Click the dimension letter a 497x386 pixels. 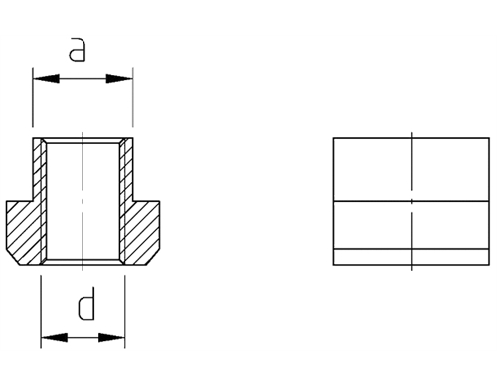77,50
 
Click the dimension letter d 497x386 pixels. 86,303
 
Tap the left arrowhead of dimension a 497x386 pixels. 46,79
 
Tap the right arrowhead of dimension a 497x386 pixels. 119,79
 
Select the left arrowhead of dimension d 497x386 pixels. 54,338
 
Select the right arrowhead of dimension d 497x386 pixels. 111,338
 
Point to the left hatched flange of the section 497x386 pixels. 23,232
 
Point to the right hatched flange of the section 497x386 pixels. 142,232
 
